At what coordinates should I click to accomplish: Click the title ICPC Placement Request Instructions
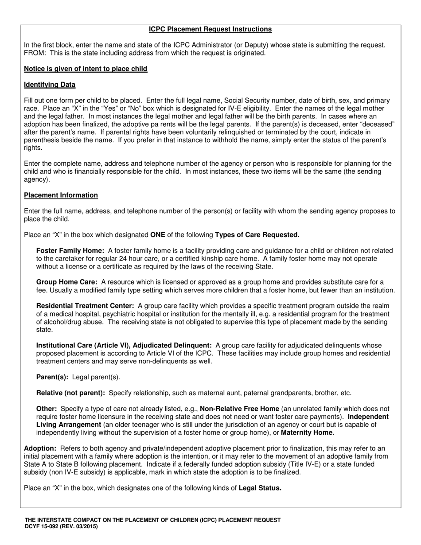point(210,29)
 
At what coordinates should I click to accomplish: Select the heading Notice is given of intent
point(86,69)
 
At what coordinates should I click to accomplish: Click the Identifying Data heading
point(50,85)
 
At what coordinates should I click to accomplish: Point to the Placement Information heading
point(61,195)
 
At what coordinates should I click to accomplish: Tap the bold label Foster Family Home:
point(70,250)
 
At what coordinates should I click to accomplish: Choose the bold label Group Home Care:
point(66,282)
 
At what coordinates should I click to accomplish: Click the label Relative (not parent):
point(70,393)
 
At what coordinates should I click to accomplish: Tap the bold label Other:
point(47,409)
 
